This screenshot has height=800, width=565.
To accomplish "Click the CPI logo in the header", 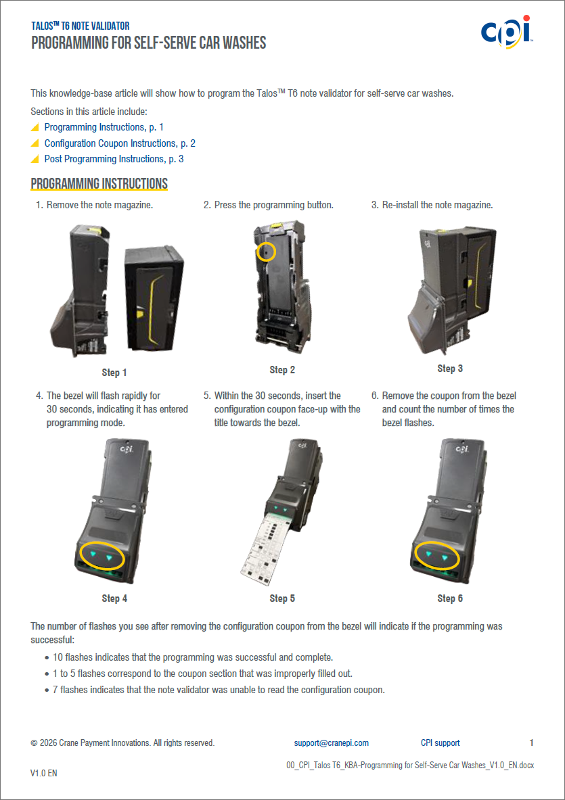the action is point(507,32).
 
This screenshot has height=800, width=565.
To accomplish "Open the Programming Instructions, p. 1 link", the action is point(104,127).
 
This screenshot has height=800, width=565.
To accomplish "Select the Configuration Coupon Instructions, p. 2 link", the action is point(120,143).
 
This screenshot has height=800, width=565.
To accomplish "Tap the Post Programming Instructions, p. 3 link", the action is point(114,159).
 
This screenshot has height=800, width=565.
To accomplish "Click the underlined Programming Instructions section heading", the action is point(99,184).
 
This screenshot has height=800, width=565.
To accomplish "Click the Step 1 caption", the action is point(114,373).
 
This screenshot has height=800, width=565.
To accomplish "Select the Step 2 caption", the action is point(282,370).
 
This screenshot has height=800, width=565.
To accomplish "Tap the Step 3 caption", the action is point(450,369).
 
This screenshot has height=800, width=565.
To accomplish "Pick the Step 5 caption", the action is point(282,598).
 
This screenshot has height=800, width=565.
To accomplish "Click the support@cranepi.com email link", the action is point(332,743).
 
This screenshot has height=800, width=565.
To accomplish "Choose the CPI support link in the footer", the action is point(440,743).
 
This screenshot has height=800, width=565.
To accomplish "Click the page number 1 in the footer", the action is point(531,743).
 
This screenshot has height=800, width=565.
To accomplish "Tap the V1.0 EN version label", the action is point(44,773).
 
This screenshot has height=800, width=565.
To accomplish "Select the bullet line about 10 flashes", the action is point(193,657).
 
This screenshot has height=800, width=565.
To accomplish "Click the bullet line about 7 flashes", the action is point(219,690).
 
